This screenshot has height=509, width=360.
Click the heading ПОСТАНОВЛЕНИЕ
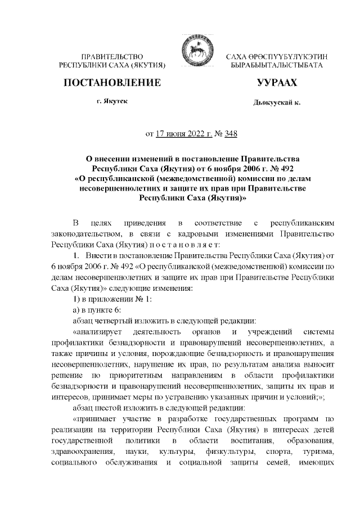pos(113,83)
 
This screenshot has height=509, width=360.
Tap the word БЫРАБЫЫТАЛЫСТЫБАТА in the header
pos(277,66)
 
